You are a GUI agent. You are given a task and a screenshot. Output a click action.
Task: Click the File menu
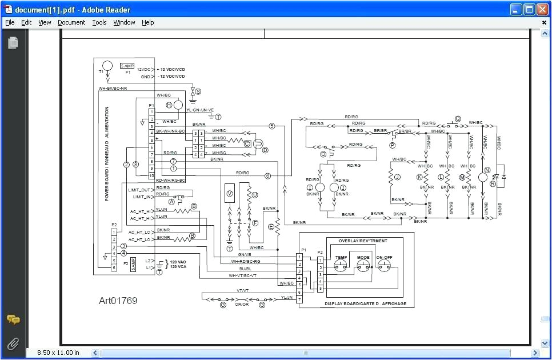pyautogui.click(x=10, y=22)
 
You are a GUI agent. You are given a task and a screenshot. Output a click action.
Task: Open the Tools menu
pyautogui.click(x=99, y=22)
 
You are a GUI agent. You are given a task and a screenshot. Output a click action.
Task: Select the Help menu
pyautogui.click(x=148, y=22)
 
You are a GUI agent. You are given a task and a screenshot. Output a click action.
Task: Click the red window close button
pyautogui.click(x=542, y=9)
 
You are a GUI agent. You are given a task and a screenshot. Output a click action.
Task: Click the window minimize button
pyautogui.click(x=516, y=9)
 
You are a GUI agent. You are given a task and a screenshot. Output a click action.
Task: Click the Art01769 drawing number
pyautogui.click(x=118, y=301)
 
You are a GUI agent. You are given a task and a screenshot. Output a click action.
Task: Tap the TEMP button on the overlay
pyautogui.click(x=341, y=265)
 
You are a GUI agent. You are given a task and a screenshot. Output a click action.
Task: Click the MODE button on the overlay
pyautogui.click(x=363, y=265)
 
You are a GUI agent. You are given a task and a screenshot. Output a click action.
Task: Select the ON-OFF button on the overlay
pyautogui.click(x=385, y=265)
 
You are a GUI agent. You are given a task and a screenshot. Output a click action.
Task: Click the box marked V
pyautogui.click(x=230, y=194)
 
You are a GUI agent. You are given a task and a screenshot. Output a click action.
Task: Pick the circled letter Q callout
pyautogui.click(x=457, y=119)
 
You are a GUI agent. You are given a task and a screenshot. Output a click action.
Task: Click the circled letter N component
pyautogui.click(x=487, y=170)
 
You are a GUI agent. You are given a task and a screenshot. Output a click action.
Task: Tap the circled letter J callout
pyautogui.click(x=398, y=177)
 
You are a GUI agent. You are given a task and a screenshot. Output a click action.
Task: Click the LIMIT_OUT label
pyautogui.click(x=139, y=190)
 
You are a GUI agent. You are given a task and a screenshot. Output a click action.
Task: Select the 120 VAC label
pyautogui.click(x=178, y=262)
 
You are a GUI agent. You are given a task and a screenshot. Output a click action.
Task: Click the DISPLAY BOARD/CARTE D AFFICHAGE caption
pyautogui.click(x=365, y=303)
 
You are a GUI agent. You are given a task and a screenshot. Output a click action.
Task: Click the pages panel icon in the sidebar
pyautogui.click(x=13, y=43)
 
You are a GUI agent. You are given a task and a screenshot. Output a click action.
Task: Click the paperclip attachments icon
pyautogui.click(x=13, y=343)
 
